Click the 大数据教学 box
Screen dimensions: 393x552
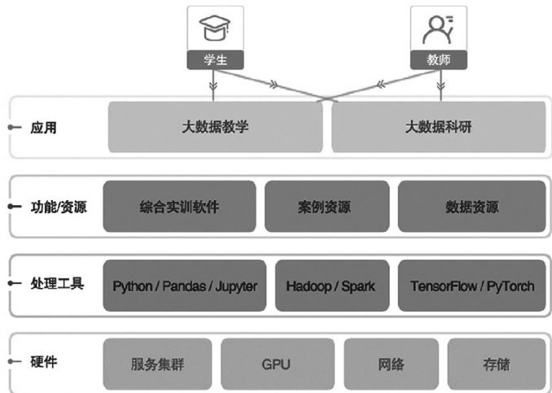coord(215,128)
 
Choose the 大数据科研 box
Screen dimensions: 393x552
coord(438,128)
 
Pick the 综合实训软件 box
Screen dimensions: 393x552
coord(178,207)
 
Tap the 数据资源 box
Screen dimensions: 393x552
coord(471,207)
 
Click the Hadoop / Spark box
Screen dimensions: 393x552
coord(331,286)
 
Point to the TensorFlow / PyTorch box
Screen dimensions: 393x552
coord(471,286)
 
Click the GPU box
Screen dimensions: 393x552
coord(277,364)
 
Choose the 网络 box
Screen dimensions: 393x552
coord(392,364)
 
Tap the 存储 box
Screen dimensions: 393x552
coord(495,364)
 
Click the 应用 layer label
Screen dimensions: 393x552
coord(44,128)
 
